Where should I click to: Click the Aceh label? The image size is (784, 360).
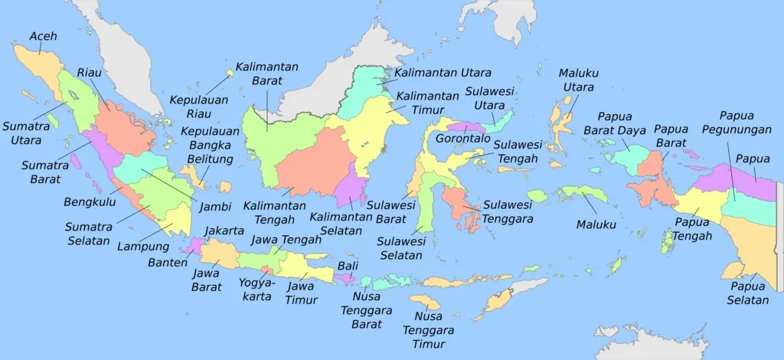click(x=43, y=36)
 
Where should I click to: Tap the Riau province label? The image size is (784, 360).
click(x=89, y=74)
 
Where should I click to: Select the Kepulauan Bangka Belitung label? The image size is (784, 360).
click(x=211, y=145)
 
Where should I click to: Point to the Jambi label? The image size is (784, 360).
click(x=215, y=206)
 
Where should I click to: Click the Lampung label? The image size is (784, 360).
click(x=142, y=247)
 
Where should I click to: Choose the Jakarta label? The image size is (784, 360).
click(x=225, y=231)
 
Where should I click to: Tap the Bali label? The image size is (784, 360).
click(x=348, y=266)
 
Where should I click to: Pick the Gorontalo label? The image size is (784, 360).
click(x=462, y=139)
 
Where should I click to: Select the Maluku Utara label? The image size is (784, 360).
click(x=578, y=80)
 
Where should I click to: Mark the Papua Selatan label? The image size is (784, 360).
click(x=748, y=293)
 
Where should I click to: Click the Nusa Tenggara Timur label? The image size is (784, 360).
click(x=434, y=330)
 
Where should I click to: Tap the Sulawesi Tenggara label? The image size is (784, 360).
click(x=508, y=211)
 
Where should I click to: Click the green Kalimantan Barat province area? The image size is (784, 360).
click(x=264, y=142)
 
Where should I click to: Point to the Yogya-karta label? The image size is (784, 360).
click(x=255, y=289)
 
